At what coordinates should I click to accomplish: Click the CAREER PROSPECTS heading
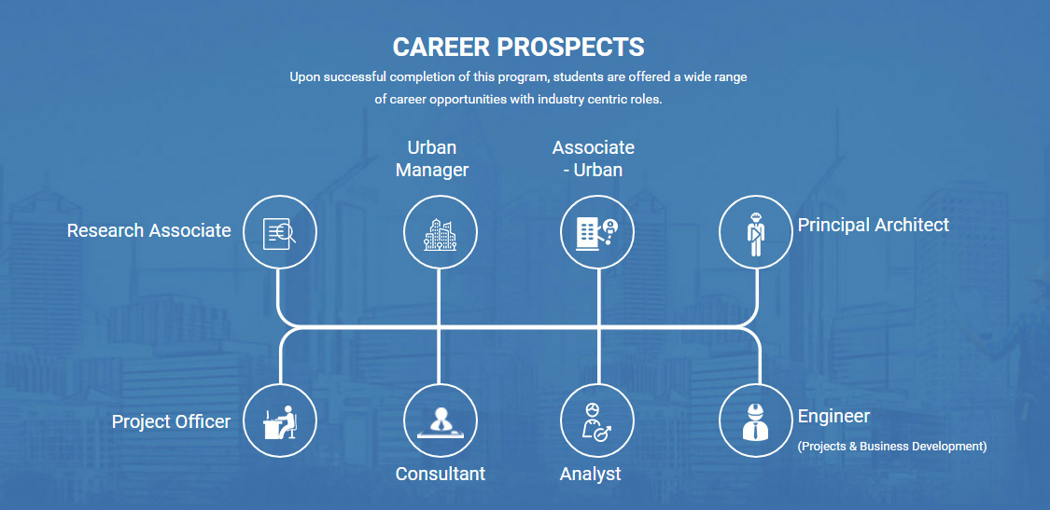518,47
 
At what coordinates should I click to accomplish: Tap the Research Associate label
148,231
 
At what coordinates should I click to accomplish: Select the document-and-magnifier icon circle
279,232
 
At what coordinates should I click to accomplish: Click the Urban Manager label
432,159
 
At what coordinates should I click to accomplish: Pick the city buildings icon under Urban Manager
440,232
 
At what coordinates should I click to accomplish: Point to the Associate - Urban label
594,159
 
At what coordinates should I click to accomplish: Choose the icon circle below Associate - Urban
596,232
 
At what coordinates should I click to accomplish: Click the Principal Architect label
874,225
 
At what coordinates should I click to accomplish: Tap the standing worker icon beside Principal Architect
755,232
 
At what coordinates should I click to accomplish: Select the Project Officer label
171,421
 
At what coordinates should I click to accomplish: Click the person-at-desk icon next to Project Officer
279,421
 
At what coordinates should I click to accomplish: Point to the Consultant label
440,474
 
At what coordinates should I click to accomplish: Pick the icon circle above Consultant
440,421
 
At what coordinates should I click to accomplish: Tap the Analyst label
590,475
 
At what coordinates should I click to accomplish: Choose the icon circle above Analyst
596,421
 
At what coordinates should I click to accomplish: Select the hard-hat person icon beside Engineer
755,421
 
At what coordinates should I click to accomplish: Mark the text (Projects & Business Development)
892,447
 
